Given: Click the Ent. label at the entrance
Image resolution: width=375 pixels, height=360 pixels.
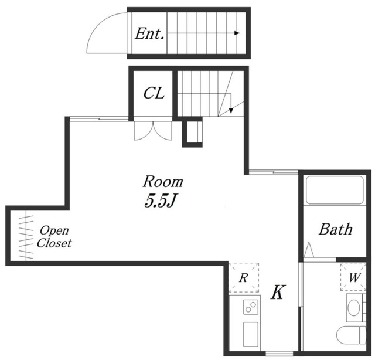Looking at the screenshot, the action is point(150,34).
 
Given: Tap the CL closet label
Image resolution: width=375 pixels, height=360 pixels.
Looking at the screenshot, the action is point(154,93).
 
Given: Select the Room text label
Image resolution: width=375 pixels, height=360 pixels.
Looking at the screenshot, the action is point(163,182).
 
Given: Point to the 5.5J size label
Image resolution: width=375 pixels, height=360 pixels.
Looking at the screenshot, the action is point(160,201).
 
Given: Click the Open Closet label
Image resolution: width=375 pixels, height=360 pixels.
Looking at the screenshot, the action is point(54,237).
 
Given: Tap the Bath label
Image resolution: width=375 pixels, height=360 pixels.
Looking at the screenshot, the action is point(335,229).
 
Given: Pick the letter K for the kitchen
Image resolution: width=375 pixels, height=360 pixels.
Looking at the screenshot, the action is point(278,292).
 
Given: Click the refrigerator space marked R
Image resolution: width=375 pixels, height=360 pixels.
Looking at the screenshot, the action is point(244,278).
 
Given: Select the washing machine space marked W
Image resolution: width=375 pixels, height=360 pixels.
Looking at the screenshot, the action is point(353,277).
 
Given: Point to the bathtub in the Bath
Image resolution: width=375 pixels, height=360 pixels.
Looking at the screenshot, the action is point(335,190).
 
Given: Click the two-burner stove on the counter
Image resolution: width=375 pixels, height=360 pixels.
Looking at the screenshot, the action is point(251,307).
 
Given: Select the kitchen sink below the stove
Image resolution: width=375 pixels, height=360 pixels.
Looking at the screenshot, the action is point(251,334).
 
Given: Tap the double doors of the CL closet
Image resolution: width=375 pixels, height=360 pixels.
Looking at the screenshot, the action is point(153,131).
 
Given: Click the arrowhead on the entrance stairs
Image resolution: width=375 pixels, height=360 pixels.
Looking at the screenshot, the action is point(237,33).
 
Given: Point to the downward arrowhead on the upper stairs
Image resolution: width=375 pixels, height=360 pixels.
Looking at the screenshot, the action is point(231,111).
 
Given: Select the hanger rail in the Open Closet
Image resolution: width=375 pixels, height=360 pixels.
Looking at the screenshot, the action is point(26,237).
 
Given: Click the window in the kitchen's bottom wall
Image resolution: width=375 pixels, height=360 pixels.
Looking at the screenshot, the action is point(279,354).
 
